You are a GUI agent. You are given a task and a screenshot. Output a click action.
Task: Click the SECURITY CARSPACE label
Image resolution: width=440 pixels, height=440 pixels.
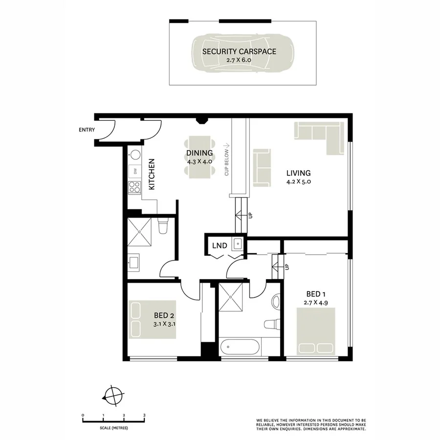pyautogui.click(x=232, y=51)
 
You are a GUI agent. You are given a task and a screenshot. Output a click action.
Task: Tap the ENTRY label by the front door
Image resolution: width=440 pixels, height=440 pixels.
pyautogui.click(x=86, y=130)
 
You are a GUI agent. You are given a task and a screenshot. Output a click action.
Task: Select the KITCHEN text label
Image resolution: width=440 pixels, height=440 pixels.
pyautogui.click(x=152, y=174)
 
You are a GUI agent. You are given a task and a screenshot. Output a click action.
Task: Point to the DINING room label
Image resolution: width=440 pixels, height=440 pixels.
pyautogui.click(x=199, y=153)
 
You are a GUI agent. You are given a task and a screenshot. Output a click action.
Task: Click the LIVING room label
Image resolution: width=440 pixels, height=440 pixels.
pyautogui.click(x=299, y=173)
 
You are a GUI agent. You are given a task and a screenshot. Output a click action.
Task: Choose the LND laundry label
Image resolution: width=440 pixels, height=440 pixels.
pyautogui.click(x=220, y=245)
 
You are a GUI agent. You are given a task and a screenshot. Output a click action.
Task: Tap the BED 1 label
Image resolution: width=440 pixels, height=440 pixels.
pyautogui.click(x=316, y=294)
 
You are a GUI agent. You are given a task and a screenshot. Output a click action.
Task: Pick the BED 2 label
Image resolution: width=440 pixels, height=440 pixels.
pyautogui.click(x=164, y=314)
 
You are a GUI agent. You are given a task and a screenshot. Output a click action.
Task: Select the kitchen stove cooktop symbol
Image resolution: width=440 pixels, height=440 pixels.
pyautogui.click(x=133, y=186)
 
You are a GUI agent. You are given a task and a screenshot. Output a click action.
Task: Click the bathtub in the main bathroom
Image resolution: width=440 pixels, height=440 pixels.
pyautogui.click(x=240, y=348)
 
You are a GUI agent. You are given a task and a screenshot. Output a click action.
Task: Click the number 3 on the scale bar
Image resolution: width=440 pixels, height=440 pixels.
pyautogui.click(x=144, y=415)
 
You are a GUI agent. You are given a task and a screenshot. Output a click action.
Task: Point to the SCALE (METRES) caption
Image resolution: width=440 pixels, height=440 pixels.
pyautogui.click(x=113, y=428)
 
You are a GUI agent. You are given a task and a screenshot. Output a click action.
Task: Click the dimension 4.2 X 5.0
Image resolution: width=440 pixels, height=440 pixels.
pyautogui.click(x=299, y=181)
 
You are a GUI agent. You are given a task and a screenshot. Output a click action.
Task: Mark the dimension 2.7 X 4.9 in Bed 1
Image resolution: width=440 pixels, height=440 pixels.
pyautogui.click(x=316, y=303)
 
